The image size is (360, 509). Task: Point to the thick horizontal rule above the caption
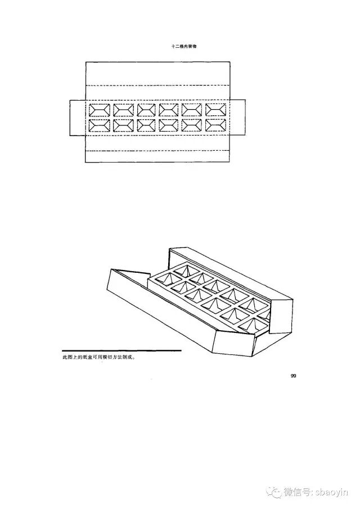point(121,350)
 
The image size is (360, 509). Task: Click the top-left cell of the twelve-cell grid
point(100,109)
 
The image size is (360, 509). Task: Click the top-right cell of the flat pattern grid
point(216,109)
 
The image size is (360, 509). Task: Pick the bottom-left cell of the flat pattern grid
point(100,125)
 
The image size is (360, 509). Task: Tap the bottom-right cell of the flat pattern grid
point(216,125)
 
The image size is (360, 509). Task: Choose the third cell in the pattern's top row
point(146,109)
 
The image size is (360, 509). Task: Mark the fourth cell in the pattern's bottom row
point(170,125)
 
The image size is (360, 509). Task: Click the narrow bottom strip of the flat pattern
point(158,157)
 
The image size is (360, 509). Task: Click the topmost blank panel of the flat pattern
point(158,73)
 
